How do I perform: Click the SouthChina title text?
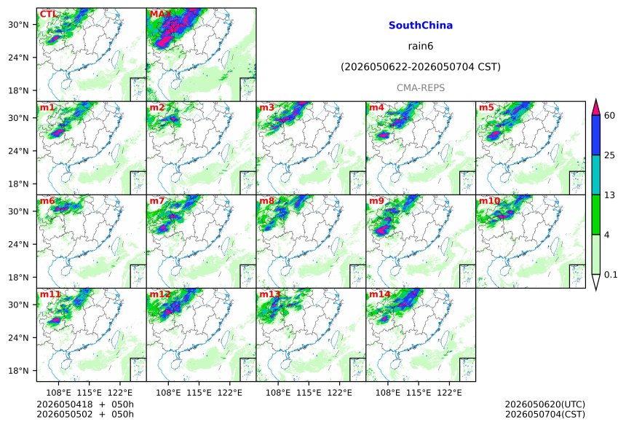[421, 26]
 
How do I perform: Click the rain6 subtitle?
[421, 46]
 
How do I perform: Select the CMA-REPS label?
[421, 87]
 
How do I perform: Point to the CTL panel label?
[47, 15]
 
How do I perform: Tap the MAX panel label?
[160, 15]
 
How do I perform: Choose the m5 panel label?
[486, 108]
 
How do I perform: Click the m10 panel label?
[489, 200]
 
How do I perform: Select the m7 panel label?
[157, 200]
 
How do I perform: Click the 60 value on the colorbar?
[609, 116]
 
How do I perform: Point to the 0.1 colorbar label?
[611, 275]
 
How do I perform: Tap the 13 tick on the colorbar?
[609, 195]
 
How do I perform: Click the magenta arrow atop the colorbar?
[595, 107]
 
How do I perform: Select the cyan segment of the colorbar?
[595, 175]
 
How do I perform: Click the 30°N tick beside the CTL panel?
[18, 25]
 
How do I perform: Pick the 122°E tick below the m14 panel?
[449, 393]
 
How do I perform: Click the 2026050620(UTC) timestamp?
[545, 405]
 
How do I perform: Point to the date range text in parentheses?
[421, 67]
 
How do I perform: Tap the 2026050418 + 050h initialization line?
[85, 404]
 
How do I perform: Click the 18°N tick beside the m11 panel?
[18, 371]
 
